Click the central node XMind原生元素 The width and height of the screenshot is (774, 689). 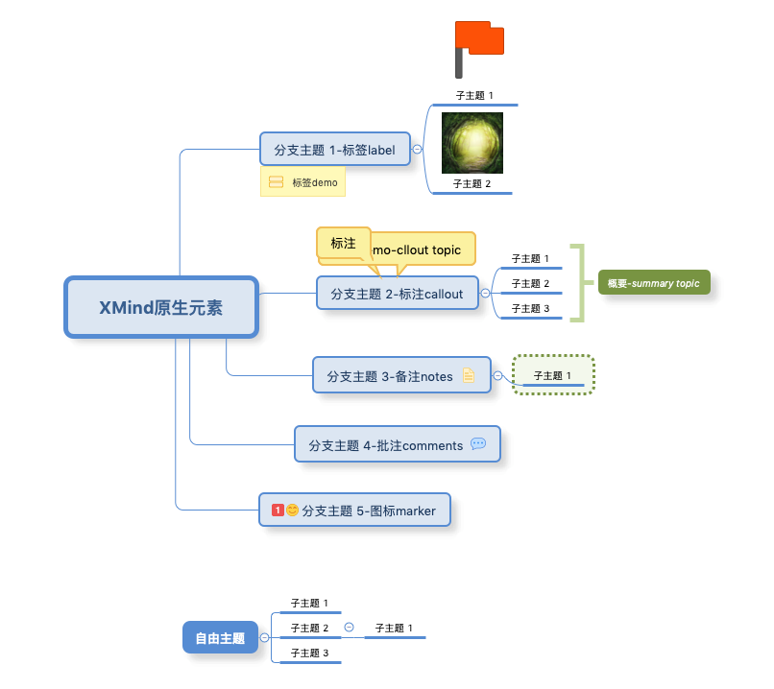pyautogui.click(x=160, y=307)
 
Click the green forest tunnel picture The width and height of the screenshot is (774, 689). pyautogui.click(x=472, y=143)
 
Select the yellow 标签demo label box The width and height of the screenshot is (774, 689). pyautogui.click(x=302, y=181)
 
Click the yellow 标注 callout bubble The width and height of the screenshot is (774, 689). pyautogui.click(x=343, y=244)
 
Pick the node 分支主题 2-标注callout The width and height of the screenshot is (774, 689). pyautogui.click(x=397, y=293)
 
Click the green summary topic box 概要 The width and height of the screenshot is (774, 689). pyautogui.click(x=653, y=283)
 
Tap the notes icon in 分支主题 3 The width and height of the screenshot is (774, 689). pyautogui.click(x=469, y=376)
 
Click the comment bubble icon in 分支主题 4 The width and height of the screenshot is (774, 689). pyautogui.click(x=478, y=444)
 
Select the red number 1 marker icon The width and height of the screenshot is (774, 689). pyautogui.click(x=278, y=511)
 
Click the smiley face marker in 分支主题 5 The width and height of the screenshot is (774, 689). pyautogui.click(x=292, y=511)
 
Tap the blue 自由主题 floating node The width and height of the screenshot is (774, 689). pyautogui.click(x=220, y=637)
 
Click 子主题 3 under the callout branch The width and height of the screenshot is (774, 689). pyautogui.click(x=530, y=309)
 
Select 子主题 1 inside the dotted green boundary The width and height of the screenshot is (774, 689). pyautogui.click(x=552, y=376)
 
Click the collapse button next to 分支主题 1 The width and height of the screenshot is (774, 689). pyautogui.click(x=417, y=149)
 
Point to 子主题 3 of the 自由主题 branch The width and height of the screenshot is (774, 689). pyautogui.click(x=309, y=653)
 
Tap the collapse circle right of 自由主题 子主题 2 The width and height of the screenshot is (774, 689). pyautogui.click(x=349, y=628)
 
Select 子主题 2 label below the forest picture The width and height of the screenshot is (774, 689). pyautogui.click(x=472, y=184)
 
